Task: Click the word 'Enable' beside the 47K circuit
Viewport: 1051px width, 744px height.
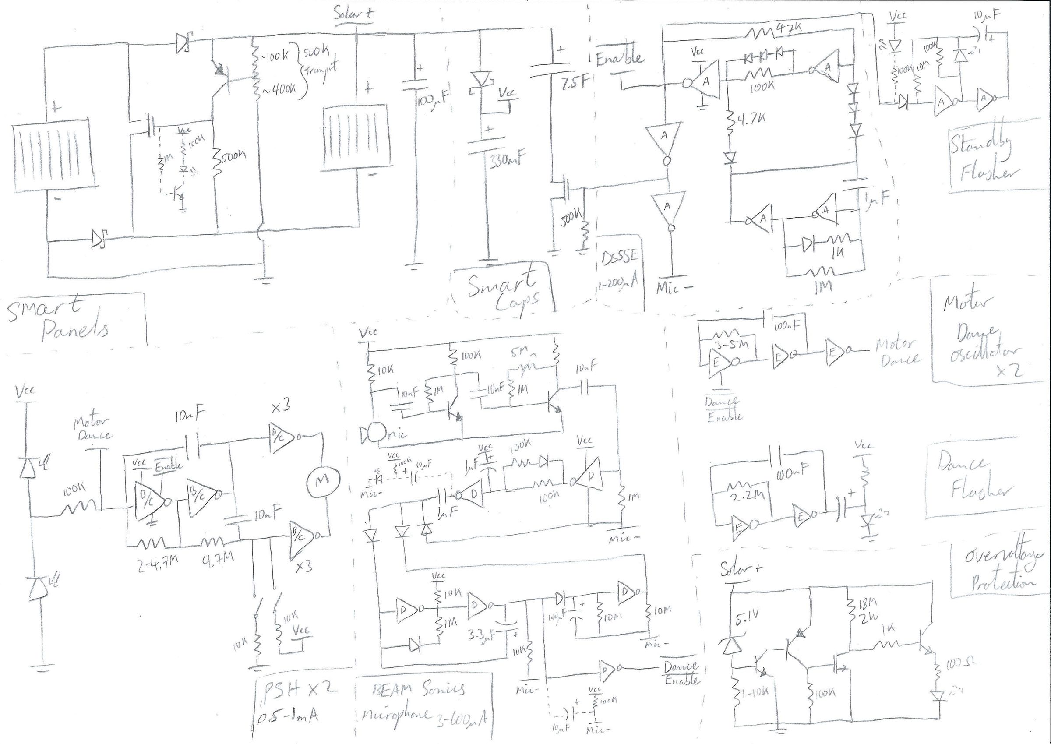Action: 619,58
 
